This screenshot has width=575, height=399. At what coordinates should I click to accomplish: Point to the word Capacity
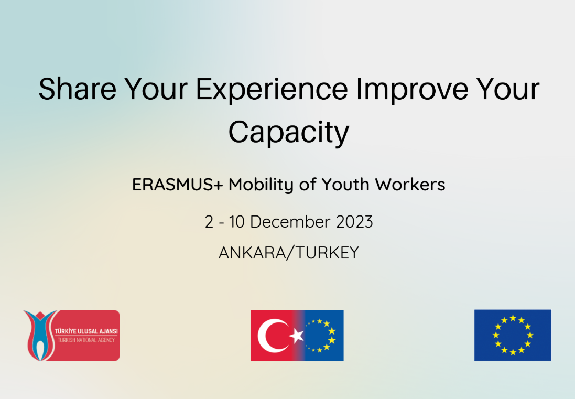point(288,132)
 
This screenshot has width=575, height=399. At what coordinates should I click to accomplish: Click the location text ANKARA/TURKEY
point(288,252)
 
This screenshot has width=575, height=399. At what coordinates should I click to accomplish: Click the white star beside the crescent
point(297,336)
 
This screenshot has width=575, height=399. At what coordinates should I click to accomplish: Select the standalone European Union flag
point(513,335)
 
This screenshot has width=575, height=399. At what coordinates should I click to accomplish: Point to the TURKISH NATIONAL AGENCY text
point(85,340)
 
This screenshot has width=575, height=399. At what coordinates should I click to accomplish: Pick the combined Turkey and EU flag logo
point(297,336)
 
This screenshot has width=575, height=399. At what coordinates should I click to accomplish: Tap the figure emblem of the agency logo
point(38,335)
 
